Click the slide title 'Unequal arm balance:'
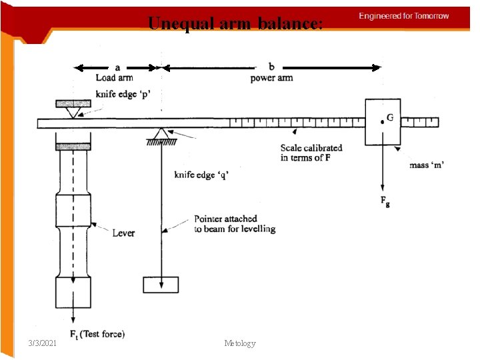click(235, 24)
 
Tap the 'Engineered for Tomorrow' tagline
click(404, 16)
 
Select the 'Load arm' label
click(115, 78)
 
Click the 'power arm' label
click(271, 78)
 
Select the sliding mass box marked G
click(382, 121)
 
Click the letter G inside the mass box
click(389, 117)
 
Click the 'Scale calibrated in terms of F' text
click(311, 153)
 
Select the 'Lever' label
click(123, 233)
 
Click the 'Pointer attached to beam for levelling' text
click(234, 224)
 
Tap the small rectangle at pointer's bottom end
click(161, 285)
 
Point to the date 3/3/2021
click(43, 343)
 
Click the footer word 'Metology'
click(240, 343)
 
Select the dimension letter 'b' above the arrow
click(271, 67)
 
